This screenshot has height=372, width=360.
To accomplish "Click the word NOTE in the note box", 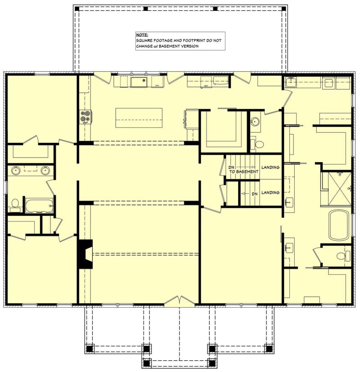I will [142, 35].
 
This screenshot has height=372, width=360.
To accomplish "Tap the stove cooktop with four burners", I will [85, 117].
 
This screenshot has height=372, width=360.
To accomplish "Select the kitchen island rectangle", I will [139, 118].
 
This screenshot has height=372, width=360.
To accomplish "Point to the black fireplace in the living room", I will [85, 254].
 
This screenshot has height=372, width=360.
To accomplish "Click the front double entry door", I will [180, 301].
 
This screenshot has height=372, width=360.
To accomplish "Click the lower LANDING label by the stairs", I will [270, 193].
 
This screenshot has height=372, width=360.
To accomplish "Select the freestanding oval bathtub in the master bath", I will [339, 225].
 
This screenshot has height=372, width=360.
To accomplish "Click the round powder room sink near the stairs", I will [256, 121].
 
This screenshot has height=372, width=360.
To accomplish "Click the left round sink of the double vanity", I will [16, 170].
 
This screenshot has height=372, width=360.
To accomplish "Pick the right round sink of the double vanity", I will [45, 170].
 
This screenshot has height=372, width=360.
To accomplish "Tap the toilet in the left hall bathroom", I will [15, 205].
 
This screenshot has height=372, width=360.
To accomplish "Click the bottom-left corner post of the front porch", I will [89, 349].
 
